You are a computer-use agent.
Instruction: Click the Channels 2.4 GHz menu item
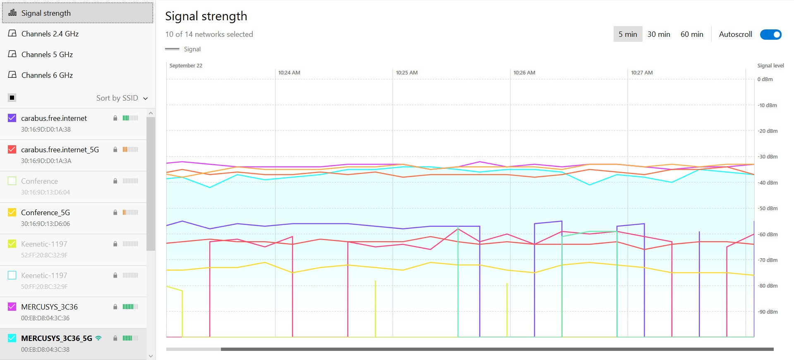coord(50,34)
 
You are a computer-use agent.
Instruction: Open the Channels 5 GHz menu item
coord(47,55)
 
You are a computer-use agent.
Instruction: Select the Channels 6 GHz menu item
coord(47,75)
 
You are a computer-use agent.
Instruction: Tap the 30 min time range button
coord(658,34)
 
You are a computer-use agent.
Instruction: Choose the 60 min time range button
coord(691,34)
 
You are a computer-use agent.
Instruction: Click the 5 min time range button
coord(627,34)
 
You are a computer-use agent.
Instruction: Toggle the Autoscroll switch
coord(770,34)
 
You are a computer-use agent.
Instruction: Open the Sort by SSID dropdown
coord(122,98)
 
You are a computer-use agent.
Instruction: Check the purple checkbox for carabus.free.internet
coord(12,118)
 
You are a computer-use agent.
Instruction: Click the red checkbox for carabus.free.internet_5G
coord(12,149)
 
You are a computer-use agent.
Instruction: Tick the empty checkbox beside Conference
coord(12,181)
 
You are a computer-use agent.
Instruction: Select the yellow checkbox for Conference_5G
coord(12,212)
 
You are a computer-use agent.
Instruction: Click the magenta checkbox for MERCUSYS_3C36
coord(12,307)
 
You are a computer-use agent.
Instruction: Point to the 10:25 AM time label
coord(406,73)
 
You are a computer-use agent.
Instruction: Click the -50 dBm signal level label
coord(768,209)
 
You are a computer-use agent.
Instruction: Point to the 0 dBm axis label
coord(765,79)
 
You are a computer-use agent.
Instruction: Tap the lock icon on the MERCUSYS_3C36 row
coord(115,307)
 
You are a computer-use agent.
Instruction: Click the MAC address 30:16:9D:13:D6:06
coord(46,224)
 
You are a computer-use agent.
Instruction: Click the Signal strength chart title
coord(206,16)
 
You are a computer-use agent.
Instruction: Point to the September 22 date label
coord(186,66)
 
